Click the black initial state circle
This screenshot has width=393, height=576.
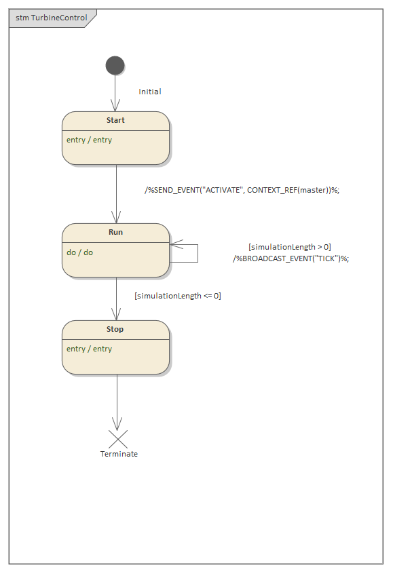pyautogui.click(x=115, y=65)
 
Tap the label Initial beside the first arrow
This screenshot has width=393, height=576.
pyautogui.click(x=150, y=92)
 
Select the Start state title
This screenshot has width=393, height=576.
pyautogui.click(x=115, y=120)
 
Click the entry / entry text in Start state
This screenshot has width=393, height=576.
pyautogui.click(x=89, y=140)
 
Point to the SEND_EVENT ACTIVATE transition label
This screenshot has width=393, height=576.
pyautogui.click(x=242, y=190)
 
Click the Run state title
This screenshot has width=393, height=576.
pyautogui.click(x=115, y=232)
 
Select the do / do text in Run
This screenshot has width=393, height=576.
pyautogui.click(x=79, y=252)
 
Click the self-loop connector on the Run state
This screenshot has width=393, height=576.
pyautogui.click(x=197, y=252)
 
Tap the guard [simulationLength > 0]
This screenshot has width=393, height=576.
pyautogui.click(x=290, y=247)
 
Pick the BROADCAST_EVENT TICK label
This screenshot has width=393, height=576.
pyautogui.click(x=291, y=258)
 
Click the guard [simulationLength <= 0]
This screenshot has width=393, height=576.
pyautogui.click(x=178, y=296)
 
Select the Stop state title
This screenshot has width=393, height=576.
pyautogui.click(x=115, y=329)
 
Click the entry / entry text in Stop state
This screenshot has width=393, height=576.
pyautogui.click(x=89, y=349)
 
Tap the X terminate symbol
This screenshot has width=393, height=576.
pyautogui.click(x=117, y=439)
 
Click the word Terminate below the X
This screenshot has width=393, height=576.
pyautogui.click(x=119, y=454)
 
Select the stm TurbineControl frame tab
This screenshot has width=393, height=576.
pyautogui.click(x=52, y=18)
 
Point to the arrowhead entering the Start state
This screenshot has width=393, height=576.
pyautogui.click(x=116, y=107)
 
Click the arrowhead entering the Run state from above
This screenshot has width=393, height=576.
pyautogui.click(x=116, y=218)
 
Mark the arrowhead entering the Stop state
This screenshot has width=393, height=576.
pyautogui.click(x=116, y=315)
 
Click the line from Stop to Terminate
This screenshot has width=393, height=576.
pyautogui.click(x=117, y=400)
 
